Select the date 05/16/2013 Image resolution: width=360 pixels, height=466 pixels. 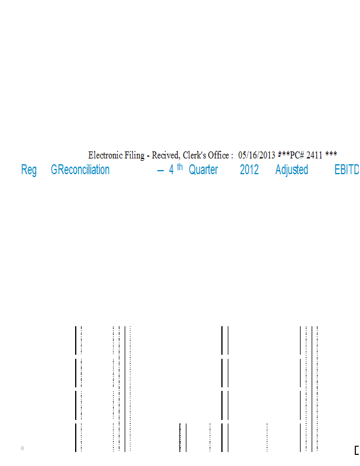click(x=256, y=155)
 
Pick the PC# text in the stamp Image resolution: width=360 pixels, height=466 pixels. click(x=297, y=155)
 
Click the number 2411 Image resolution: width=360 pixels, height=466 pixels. click(x=314, y=155)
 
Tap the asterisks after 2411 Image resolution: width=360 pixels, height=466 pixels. click(x=331, y=154)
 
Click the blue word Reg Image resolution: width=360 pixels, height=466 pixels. click(x=29, y=170)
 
